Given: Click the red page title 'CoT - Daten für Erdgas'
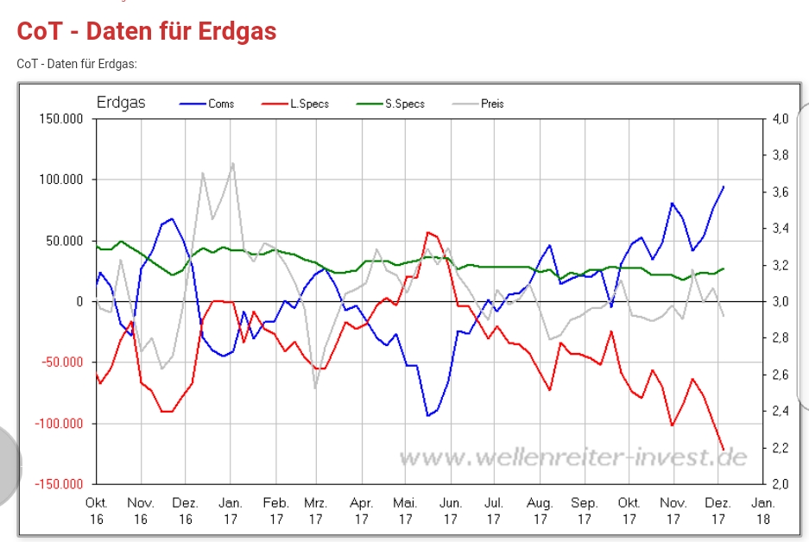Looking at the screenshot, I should (x=147, y=32).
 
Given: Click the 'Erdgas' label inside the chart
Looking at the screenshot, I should (x=121, y=103).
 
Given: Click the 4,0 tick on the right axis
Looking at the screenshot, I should (x=780, y=118).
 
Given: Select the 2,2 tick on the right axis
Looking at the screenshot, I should (x=780, y=447).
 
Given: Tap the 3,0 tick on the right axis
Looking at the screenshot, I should (x=780, y=301).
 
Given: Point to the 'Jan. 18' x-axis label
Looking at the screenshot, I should (x=763, y=511).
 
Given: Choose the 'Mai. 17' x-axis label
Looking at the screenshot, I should (x=405, y=511).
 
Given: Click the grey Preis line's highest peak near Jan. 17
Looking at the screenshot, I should (x=232, y=163).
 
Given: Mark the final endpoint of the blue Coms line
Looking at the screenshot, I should (x=724, y=186).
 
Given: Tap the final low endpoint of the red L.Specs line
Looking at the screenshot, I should (x=724, y=449).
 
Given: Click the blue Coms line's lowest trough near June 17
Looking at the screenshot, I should (x=427, y=416).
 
